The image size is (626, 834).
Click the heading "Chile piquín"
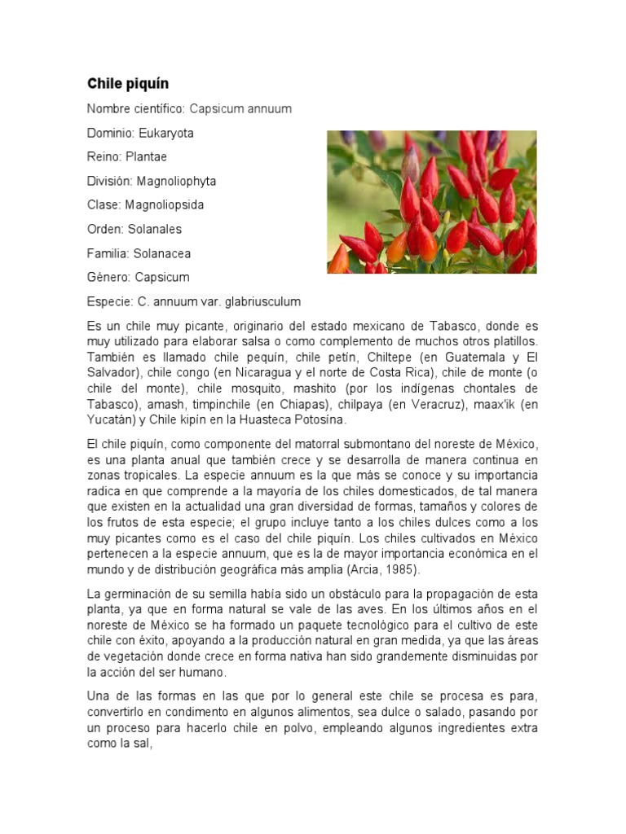(x=128, y=84)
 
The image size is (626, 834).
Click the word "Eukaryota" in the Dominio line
(x=166, y=133)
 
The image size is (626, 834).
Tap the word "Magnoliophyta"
(x=176, y=181)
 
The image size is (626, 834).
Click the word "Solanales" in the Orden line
(x=155, y=229)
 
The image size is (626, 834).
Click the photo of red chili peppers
(x=431, y=201)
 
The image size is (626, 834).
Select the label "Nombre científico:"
(x=136, y=108)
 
